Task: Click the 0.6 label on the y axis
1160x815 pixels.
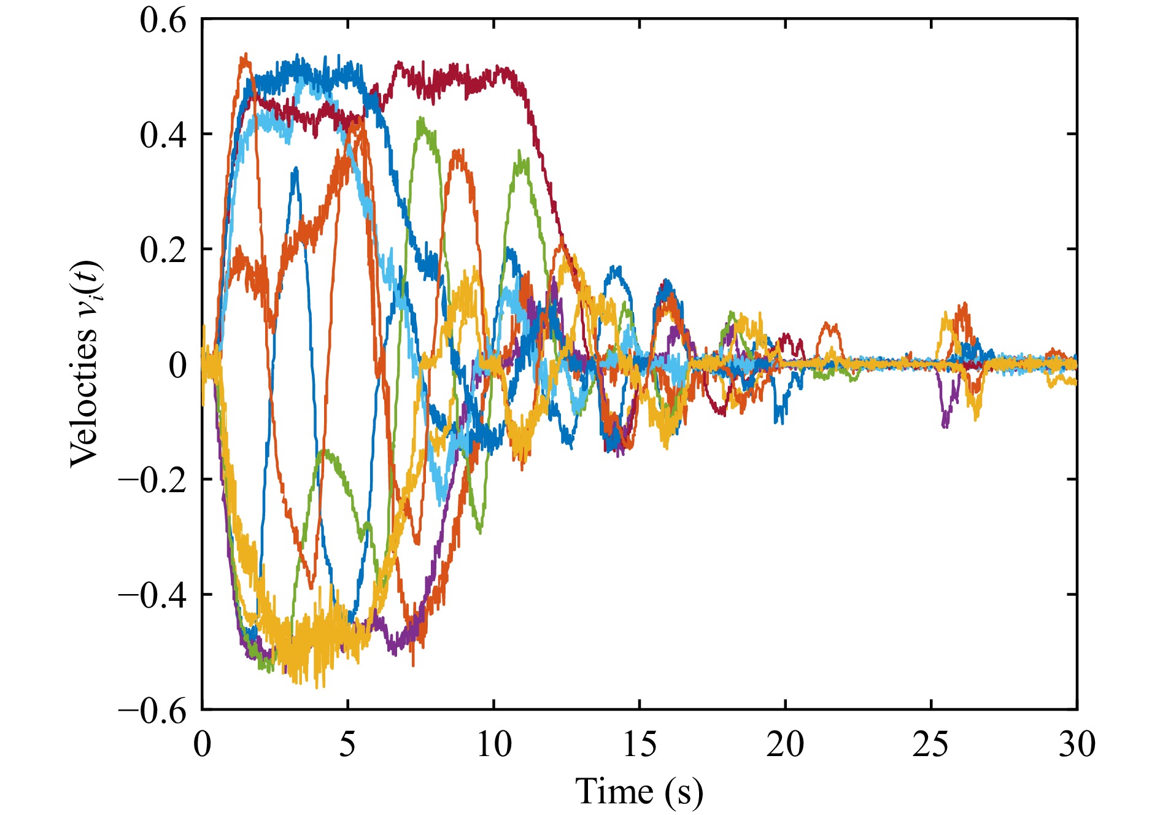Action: coord(163,22)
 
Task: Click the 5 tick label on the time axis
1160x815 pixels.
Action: coord(347,745)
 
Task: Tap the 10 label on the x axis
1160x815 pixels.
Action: coord(493,745)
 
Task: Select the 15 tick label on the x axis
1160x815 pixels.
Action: coord(640,745)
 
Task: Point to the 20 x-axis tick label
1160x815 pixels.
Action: coord(785,745)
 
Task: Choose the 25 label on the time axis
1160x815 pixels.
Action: coord(930,745)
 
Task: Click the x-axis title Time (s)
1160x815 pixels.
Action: coord(639,791)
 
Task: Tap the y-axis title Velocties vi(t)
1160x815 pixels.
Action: coord(85,365)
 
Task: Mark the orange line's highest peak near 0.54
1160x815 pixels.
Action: coord(246,56)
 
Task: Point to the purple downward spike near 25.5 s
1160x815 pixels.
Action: coord(945,423)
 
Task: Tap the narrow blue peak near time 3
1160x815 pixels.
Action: coord(296,169)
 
